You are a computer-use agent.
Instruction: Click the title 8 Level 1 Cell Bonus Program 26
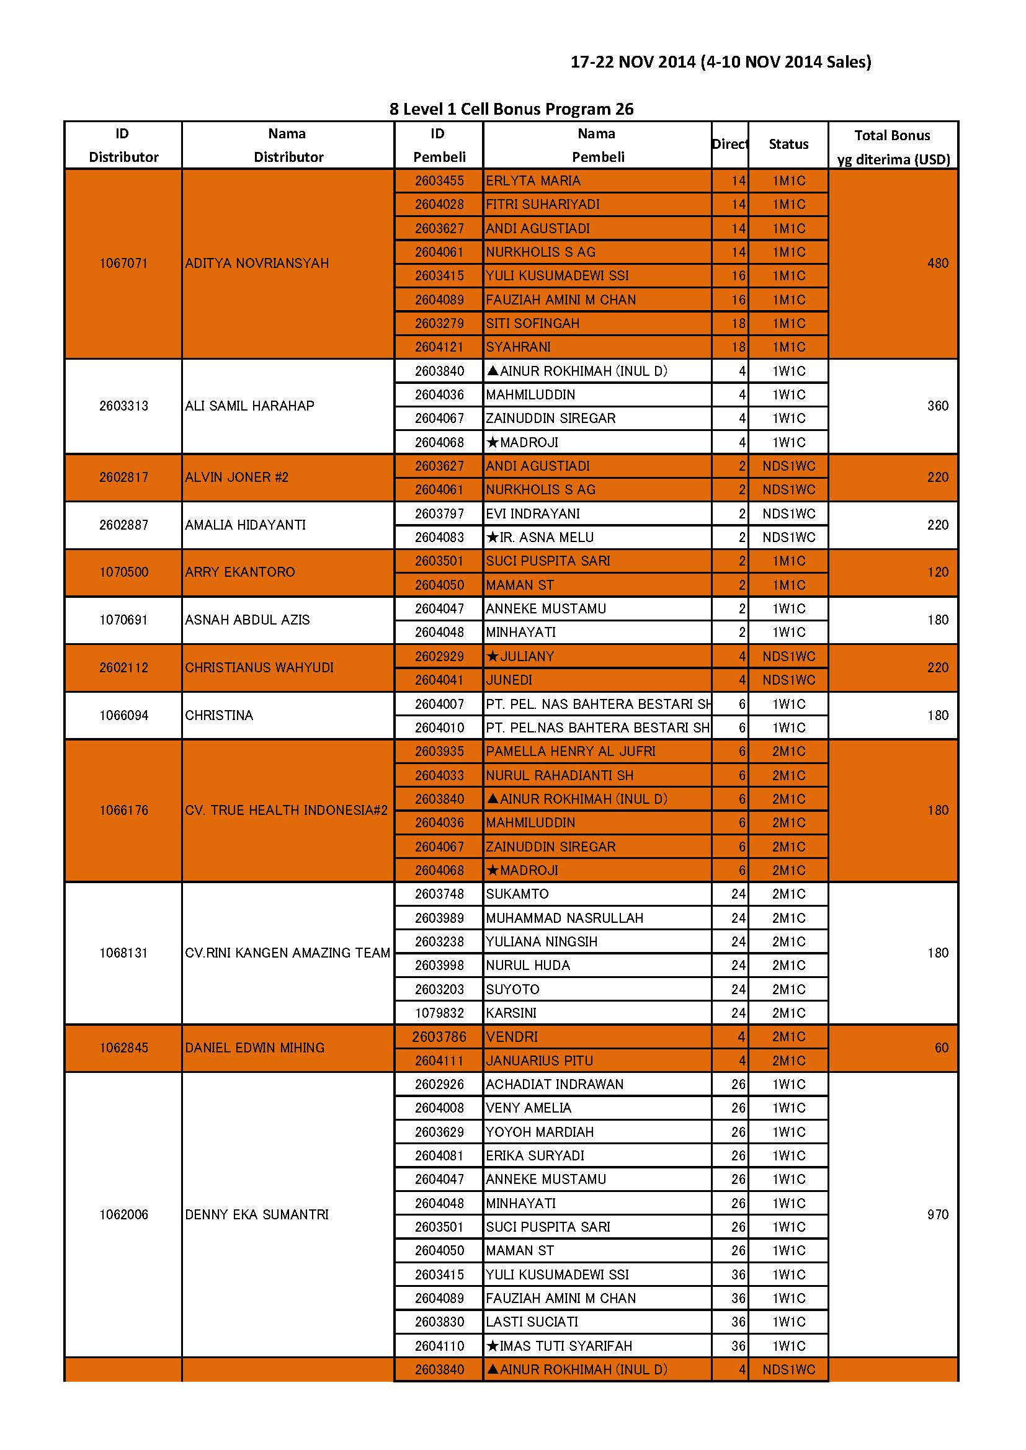[511, 109]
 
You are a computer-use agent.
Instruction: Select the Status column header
[788, 145]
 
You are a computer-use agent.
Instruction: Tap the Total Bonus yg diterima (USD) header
[893, 147]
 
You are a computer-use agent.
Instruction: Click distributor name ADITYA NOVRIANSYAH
[257, 264]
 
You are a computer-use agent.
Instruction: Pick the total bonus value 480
[937, 264]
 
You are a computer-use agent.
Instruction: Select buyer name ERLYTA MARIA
[533, 180]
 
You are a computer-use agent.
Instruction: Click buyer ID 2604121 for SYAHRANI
[439, 347]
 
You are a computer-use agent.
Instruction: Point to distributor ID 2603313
[123, 406]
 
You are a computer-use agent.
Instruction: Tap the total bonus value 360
[937, 406]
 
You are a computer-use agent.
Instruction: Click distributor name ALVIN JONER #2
[236, 478]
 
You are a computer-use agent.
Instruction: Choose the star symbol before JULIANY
[493, 657]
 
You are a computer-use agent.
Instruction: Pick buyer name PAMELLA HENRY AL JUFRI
[571, 752]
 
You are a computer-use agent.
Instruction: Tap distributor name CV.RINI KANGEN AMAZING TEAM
[287, 953]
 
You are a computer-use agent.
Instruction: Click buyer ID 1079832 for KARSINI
[439, 1013]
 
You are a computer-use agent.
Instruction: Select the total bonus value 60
[942, 1047]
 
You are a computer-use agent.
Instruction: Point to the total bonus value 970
[937, 1214]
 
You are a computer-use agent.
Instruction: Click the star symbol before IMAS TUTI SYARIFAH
[493, 1346]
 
